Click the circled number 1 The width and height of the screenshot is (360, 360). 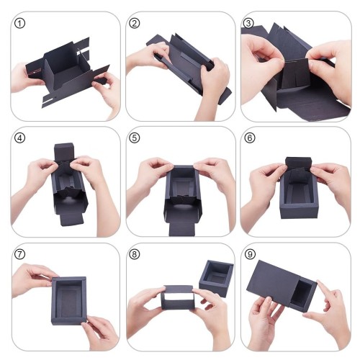click(19, 24)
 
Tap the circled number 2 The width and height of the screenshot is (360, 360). click(134, 24)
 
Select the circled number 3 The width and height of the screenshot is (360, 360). click(248, 23)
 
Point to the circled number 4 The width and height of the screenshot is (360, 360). click(19, 138)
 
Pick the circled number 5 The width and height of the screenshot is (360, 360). click(134, 138)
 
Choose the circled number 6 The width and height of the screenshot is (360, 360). click(250, 138)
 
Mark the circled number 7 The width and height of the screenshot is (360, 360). click(19, 254)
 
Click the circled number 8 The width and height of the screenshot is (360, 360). click(134, 254)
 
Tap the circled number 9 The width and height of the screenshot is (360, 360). click(250, 254)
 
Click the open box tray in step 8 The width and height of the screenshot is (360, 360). click(216, 279)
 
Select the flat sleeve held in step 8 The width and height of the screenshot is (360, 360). click(178, 297)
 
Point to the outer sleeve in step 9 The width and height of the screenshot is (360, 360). click(274, 282)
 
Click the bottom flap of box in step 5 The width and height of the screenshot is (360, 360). click(182, 228)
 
